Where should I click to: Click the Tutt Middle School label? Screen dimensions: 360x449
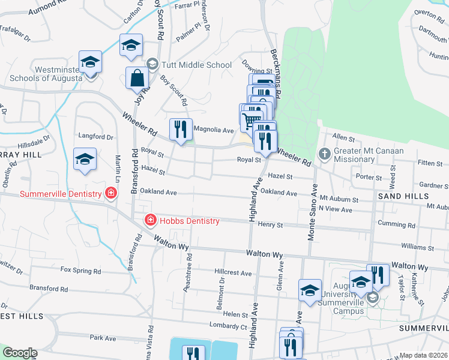coord(196,65)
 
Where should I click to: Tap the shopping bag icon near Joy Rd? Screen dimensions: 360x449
coord(137,79)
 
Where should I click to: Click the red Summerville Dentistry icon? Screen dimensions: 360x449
coord(110,193)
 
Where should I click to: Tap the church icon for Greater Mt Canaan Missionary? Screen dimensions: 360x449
coord(324,154)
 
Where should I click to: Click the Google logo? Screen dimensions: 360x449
coord(19,353)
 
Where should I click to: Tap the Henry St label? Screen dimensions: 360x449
coord(270,225)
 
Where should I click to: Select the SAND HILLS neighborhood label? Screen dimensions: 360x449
coord(403,196)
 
